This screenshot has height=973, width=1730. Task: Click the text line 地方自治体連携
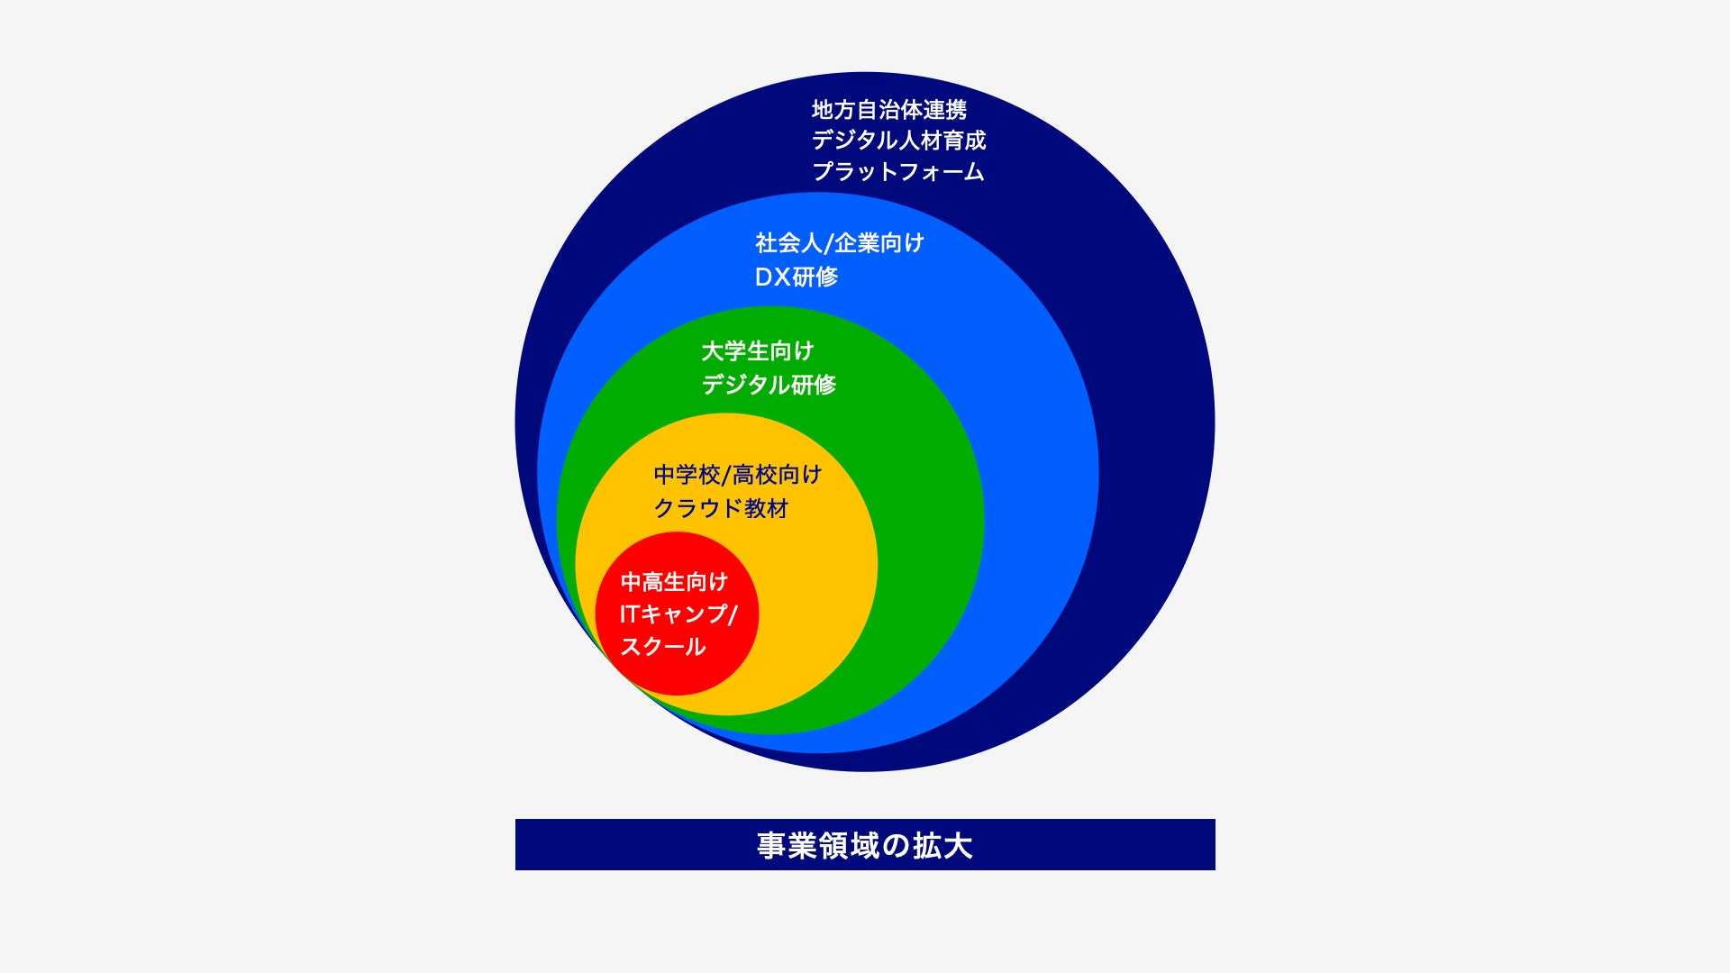[888, 110]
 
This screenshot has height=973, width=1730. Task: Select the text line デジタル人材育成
[898, 141]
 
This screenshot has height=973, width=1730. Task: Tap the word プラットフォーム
[897, 171]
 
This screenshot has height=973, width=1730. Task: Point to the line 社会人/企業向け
[839, 243]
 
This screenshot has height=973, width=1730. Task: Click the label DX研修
[796, 277]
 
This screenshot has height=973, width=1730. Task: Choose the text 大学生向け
[757, 350]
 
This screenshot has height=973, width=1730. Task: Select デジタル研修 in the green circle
[769, 385]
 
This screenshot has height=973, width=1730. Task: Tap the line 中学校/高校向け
[737, 475]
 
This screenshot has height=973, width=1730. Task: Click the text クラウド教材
[720, 509]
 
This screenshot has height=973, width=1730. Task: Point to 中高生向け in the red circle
[673, 582]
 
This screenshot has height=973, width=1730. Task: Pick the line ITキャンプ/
[678, 614]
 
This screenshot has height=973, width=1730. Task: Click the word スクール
[662, 647]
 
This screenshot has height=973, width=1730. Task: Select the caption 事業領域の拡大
[864, 845]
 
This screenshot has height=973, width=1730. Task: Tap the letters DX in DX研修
[772, 277]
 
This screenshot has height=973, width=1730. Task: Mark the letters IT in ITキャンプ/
[629, 614]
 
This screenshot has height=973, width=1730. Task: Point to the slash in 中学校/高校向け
[726, 475]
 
